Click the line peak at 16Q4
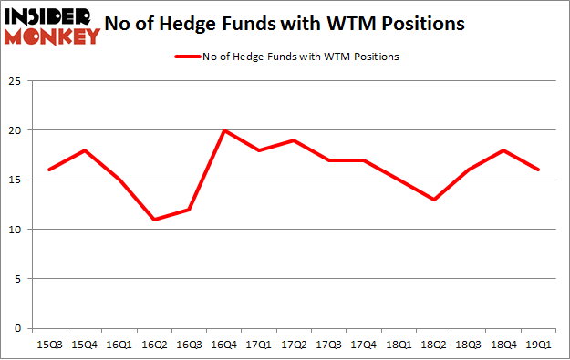(224, 130)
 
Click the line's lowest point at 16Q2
(154, 220)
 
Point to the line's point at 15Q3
(49, 170)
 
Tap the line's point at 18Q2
(434, 200)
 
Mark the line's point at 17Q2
(295, 140)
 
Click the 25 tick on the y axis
(16, 81)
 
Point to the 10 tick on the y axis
(16, 230)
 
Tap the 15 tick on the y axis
(16, 180)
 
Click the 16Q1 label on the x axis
(119, 345)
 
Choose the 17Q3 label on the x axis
(329, 345)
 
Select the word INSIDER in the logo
(50, 15)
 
